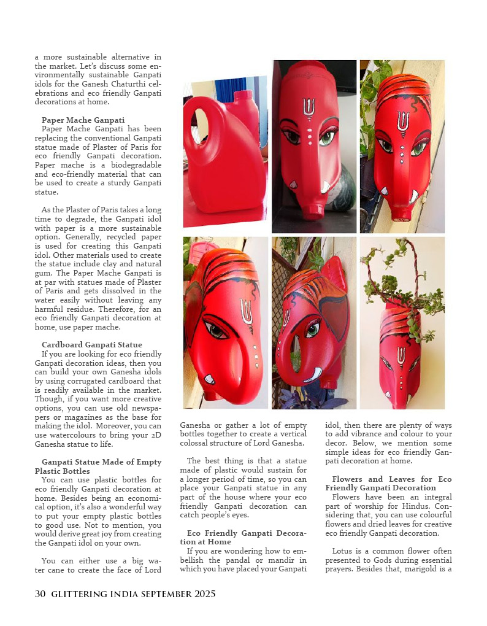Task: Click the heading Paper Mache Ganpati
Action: tap(83, 120)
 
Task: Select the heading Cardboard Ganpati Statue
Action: tap(91, 344)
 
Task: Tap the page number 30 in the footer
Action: tap(40, 593)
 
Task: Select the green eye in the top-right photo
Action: tap(421, 148)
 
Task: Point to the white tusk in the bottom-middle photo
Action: tap(313, 374)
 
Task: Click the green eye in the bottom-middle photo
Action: tap(313, 330)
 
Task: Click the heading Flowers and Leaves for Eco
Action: tap(391, 479)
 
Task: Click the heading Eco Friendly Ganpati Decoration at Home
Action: tap(242, 533)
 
